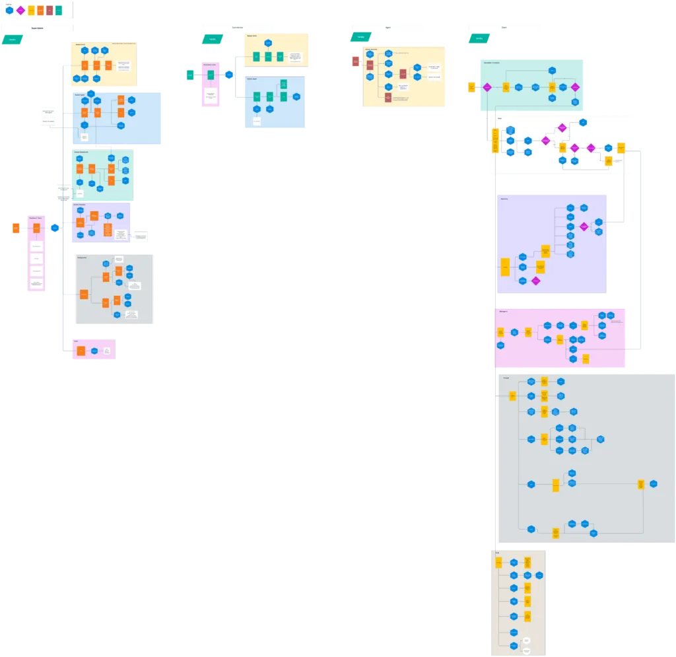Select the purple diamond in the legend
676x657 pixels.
click(x=20, y=11)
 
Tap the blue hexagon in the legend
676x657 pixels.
click(x=9, y=11)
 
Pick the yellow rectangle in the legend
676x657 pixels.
click(x=30, y=11)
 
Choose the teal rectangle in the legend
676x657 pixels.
click(x=59, y=11)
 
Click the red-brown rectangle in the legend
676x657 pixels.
click(x=50, y=11)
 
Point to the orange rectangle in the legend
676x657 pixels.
click(x=40, y=11)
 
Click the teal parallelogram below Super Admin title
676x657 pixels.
click(x=12, y=40)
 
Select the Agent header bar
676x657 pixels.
click(x=388, y=26)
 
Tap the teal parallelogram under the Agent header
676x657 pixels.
click(x=361, y=37)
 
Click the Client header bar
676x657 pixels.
click(x=504, y=26)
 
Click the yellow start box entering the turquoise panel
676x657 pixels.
click(x=471, y=87)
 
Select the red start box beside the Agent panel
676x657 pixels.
click(x=355, y=62)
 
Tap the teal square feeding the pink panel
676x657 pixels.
click(x=190, y=76)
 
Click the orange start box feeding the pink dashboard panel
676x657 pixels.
click(x=16, y=228)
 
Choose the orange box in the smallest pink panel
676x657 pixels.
click(x=81, y=351)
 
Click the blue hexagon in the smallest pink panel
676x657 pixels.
click(x=94, y=351)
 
